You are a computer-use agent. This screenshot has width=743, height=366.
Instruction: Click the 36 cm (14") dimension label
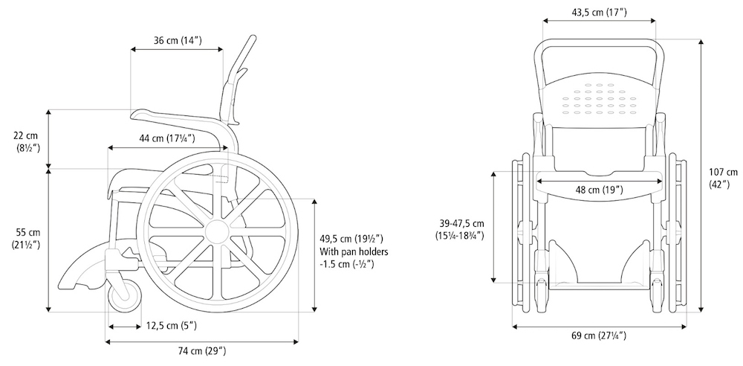point(178,40)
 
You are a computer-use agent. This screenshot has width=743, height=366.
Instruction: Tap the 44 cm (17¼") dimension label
point(166,138)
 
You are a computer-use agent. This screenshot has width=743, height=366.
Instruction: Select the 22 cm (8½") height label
point(27,142)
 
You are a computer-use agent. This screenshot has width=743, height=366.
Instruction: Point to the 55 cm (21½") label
point(27,239)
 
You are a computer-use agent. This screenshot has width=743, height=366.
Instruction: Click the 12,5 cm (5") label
point(172,326)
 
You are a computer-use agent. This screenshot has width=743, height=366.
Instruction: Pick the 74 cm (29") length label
point(202,351)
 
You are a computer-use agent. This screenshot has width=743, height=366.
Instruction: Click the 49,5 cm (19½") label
point(351,238)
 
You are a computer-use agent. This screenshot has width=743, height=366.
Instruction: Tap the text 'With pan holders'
point(354,251)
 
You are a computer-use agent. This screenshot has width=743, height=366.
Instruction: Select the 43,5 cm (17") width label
point(599,13)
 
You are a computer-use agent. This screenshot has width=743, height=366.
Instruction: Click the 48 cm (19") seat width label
point(599,190)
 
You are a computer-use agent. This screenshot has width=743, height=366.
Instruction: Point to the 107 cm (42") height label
point(724,179)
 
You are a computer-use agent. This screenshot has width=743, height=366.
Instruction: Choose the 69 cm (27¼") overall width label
point(599,336)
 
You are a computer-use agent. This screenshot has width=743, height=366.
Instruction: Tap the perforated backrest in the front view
point(599,100)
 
